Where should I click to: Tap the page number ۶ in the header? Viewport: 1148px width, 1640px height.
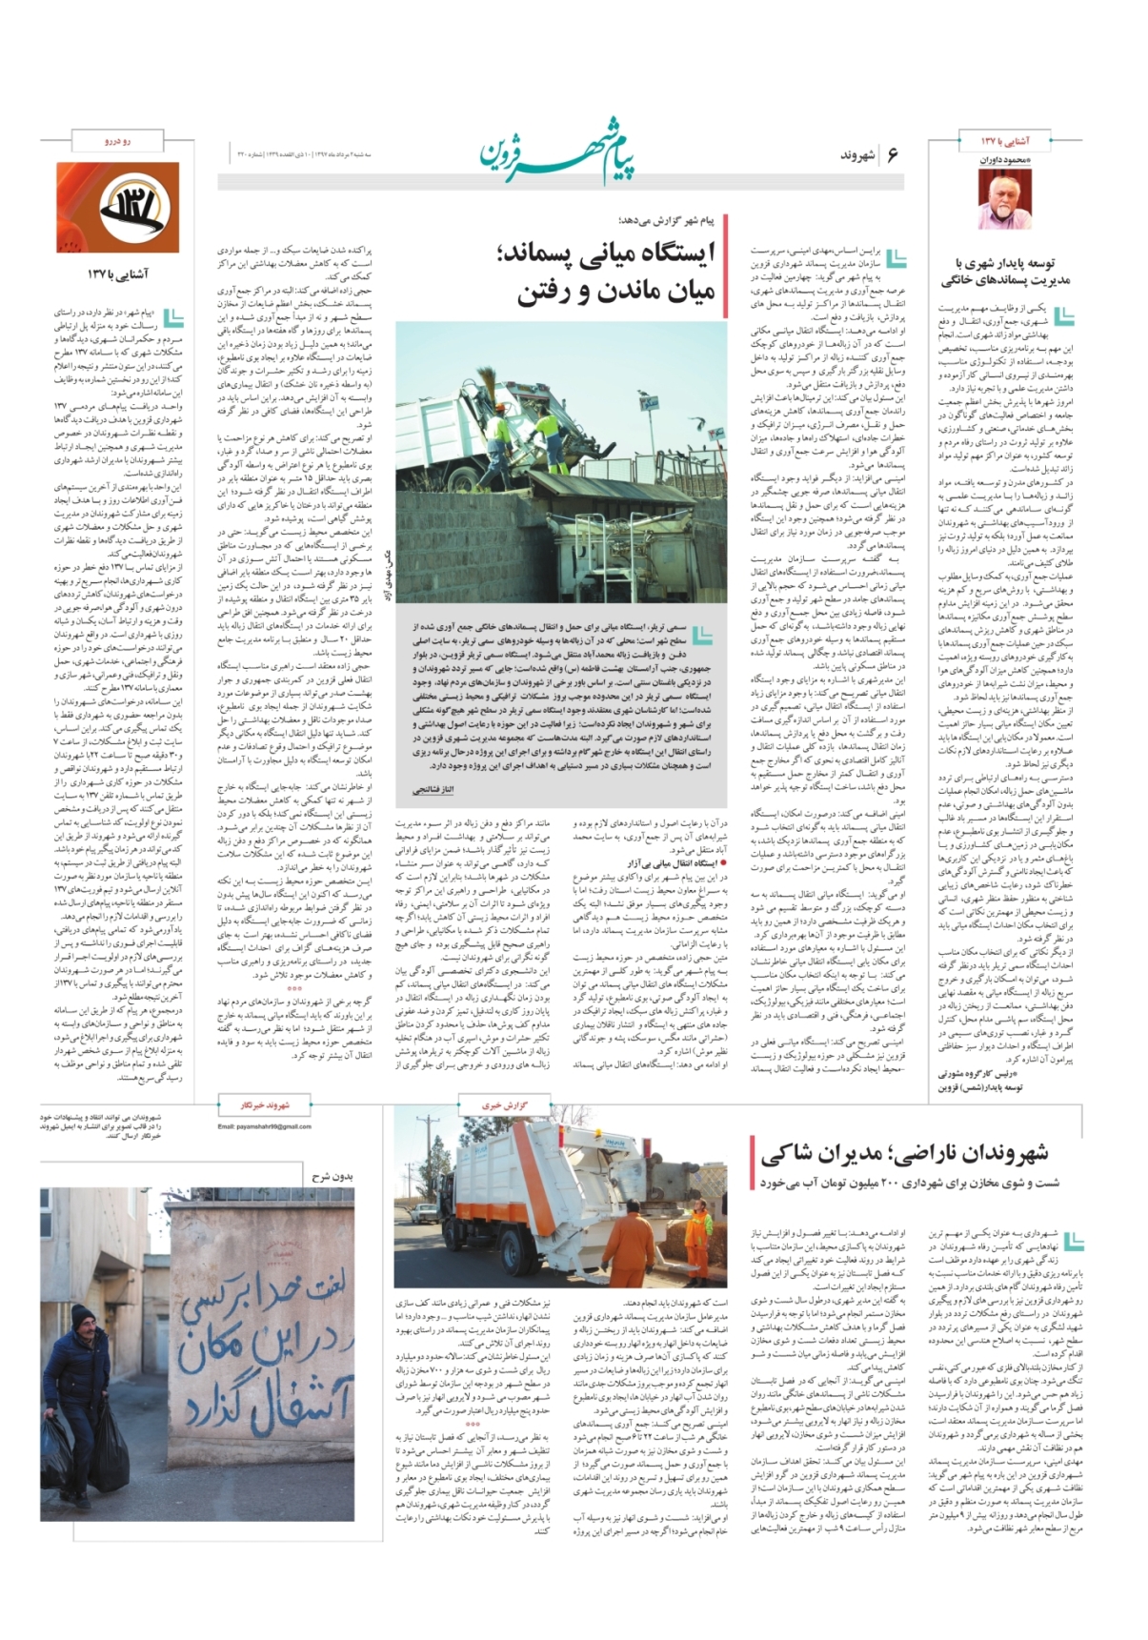point(893,154)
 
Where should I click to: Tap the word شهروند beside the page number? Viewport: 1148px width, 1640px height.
point(856,155)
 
